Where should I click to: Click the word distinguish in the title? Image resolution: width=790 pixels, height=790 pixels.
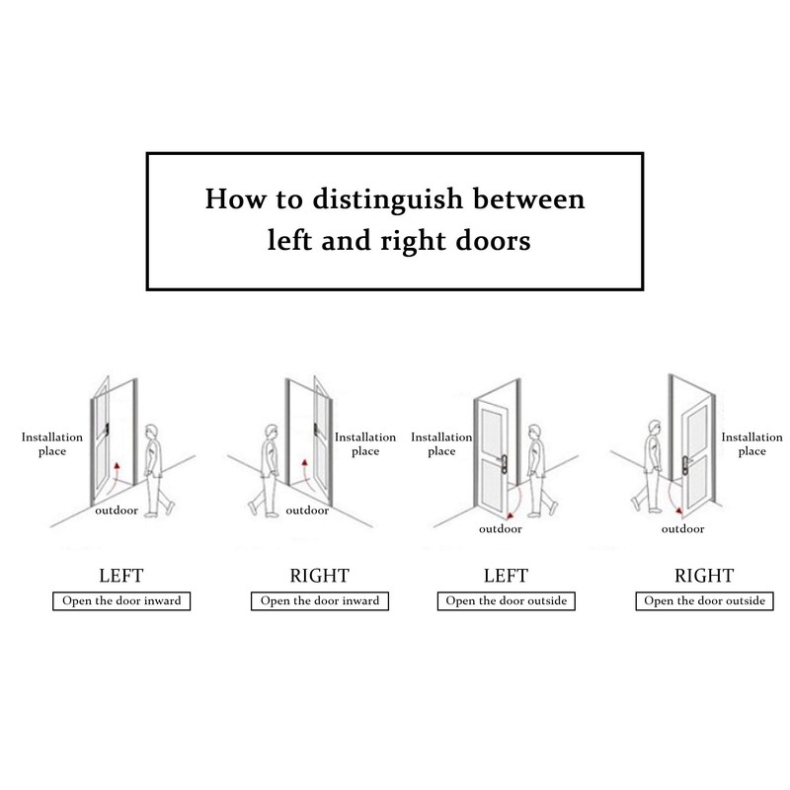[387, 199]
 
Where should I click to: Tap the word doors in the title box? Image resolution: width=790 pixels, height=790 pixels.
[493, 240]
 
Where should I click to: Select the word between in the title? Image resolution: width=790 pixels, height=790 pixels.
[528, 198]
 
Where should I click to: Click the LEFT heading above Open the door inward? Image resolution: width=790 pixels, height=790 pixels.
[120, 576]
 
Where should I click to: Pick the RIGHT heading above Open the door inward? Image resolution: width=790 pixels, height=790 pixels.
[319, 576]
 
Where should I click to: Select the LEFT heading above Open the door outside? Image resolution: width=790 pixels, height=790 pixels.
[506, 576]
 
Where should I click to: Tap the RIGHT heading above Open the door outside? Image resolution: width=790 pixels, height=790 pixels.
[704, 576]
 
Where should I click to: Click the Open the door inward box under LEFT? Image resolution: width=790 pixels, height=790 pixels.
[121, 601]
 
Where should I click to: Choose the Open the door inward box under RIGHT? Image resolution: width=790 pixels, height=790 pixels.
[320, 601]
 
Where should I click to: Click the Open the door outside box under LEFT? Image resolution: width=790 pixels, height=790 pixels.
[507, 601]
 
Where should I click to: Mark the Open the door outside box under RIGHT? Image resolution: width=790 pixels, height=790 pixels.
[704, 601]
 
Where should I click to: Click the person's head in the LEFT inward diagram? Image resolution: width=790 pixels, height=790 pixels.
[151, 433]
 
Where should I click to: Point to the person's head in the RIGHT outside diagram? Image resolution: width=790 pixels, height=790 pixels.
[654, 429]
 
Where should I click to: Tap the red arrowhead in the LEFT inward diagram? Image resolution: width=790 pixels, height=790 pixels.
[118, 465]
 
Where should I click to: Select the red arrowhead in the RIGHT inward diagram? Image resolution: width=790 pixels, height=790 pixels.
[304, 462]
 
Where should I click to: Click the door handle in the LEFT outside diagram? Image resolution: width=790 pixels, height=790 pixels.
[503, 462]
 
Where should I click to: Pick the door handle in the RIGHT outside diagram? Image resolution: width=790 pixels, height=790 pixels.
[686, 463]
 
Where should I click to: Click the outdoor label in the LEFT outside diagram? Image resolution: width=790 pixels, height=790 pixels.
[501, 529]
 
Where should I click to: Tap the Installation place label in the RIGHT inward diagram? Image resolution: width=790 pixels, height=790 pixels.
[365, 443]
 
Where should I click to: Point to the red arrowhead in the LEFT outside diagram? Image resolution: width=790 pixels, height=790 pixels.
[510, 515]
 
